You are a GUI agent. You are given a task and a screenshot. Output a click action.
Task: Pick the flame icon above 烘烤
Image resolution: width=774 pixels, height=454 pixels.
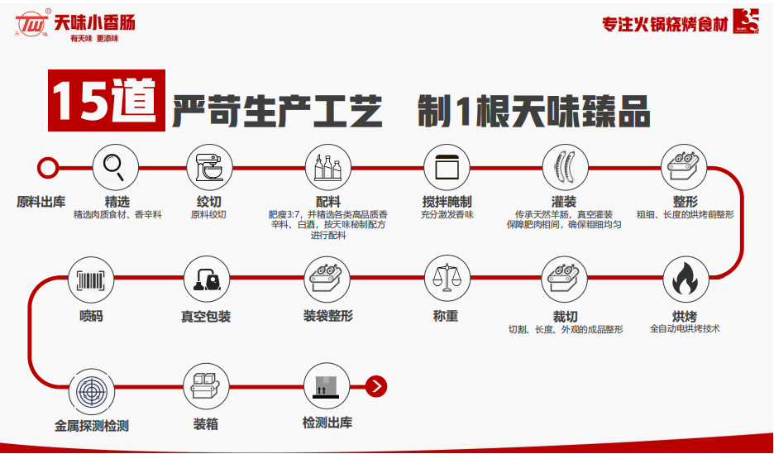685,279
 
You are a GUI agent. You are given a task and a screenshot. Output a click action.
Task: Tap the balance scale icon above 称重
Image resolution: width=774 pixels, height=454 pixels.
447,279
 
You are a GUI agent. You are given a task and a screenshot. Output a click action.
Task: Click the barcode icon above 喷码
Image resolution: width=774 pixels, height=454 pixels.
91,279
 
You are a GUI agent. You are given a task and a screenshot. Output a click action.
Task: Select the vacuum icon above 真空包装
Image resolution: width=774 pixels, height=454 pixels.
207,279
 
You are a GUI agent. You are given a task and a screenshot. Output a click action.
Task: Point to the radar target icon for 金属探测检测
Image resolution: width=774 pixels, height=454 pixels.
91,389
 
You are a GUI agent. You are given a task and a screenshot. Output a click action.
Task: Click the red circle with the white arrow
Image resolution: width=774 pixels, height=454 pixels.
376,385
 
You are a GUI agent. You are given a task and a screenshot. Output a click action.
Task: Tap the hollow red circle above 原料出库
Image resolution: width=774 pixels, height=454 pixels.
49,169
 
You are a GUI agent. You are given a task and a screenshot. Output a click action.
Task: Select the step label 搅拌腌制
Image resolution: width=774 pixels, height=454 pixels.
447,202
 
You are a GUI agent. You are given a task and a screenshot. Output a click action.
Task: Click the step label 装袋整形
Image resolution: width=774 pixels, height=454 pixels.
328,316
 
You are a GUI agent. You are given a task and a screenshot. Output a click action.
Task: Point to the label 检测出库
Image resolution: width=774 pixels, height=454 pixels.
327,423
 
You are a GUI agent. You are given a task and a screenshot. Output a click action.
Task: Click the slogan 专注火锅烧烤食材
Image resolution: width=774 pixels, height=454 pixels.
665,24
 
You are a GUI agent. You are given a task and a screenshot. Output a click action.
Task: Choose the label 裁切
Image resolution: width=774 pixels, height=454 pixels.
566,316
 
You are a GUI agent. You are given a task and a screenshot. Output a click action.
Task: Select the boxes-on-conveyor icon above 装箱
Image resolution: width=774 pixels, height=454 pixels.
207,388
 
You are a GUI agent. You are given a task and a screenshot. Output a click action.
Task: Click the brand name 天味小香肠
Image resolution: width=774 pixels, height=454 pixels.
94,22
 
